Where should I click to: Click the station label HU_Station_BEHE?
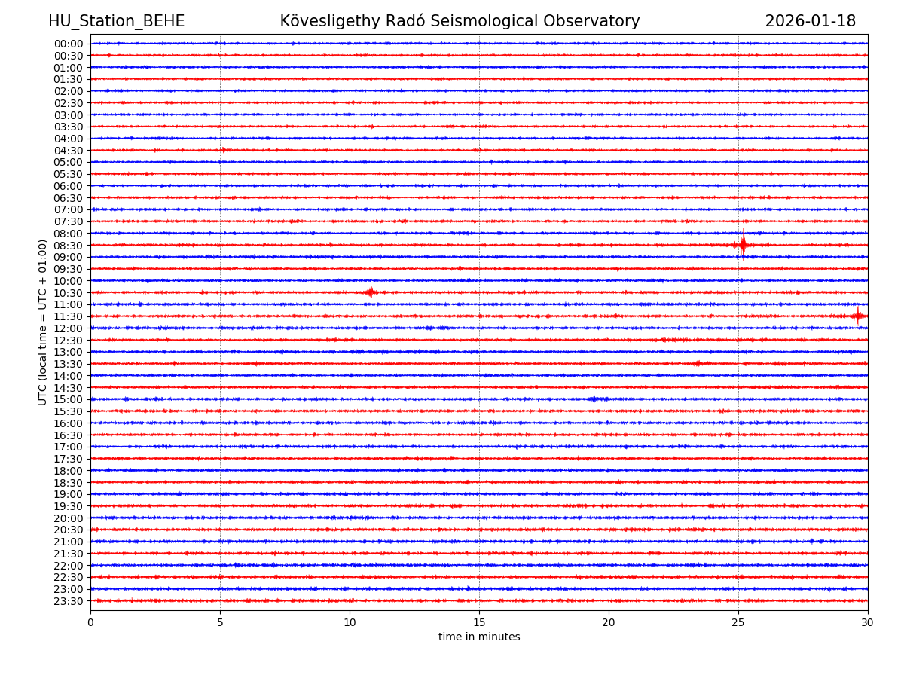point(116,22)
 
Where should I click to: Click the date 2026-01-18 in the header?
point(810,22)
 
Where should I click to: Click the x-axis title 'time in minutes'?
point(479,637)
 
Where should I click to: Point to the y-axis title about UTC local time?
point(43,322)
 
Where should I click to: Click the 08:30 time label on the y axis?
point(69,246)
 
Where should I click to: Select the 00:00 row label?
point(69,44)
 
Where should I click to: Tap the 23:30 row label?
point(69,601)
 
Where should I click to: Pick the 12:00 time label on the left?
point(69,328)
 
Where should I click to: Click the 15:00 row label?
point(69,399)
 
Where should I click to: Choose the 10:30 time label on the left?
point(69,293)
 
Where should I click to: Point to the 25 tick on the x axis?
point(738,622)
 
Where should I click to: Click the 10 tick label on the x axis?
point(350,622)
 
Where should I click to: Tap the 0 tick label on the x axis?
point(90,622)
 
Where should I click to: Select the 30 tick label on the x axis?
point(868,622)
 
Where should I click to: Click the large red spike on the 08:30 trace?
point(743,244)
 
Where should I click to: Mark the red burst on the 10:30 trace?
point(370,292)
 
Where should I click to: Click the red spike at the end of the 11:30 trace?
point(857,316)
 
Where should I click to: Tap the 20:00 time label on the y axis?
point(69,518)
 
